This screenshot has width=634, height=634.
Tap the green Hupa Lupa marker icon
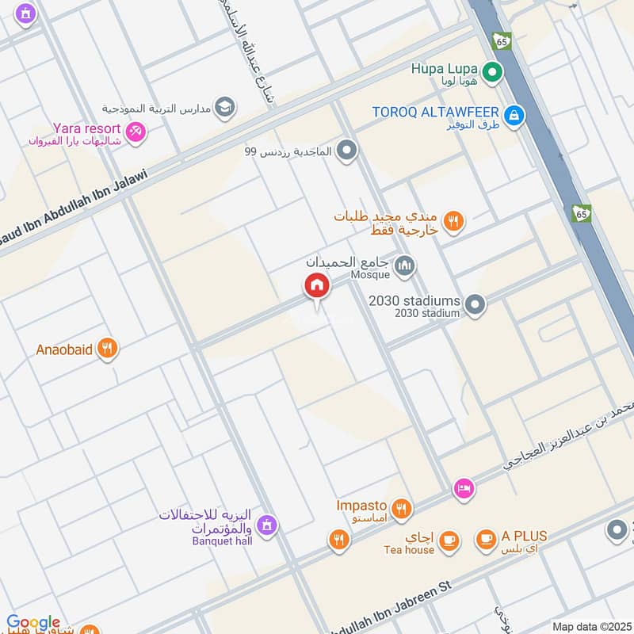(x=493, y=73)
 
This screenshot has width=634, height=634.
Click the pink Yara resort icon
(x=136, y=131)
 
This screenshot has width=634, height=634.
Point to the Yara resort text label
(x=87, y=128)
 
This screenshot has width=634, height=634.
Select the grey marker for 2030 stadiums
(x=475, y=304)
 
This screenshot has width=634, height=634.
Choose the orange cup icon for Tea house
(x=449, y=540)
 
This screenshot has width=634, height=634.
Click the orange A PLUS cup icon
(x=485, y=540)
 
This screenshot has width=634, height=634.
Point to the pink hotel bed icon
(x=464, y=489)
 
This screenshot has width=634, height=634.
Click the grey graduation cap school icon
(x=225, y=107)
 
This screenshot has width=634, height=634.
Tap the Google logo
(x=33, y=623)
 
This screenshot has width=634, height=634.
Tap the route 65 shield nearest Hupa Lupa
(x=501, y=40)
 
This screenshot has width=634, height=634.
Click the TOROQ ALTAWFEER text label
(x=436, y=112)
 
